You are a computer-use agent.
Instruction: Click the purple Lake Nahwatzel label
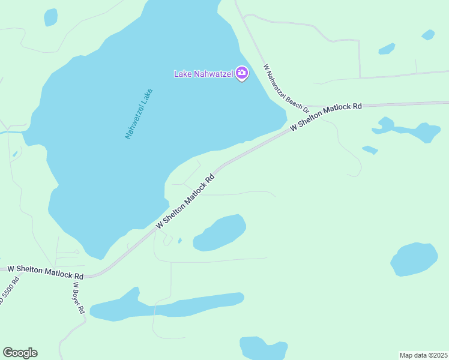click(x=203, y=74)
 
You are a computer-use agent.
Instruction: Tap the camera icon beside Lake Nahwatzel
click(x=242, y=74)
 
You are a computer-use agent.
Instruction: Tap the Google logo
click(x=20, y=353)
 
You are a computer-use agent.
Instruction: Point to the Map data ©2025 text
click(x=423, y=355)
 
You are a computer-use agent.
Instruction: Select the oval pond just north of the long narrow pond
click(x=221, y=232)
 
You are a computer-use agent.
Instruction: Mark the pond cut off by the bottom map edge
click(x=263, y=349)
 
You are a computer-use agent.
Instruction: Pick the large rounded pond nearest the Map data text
click(x=414, y=259)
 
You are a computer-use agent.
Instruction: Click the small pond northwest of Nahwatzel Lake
click(x=50, y=17)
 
